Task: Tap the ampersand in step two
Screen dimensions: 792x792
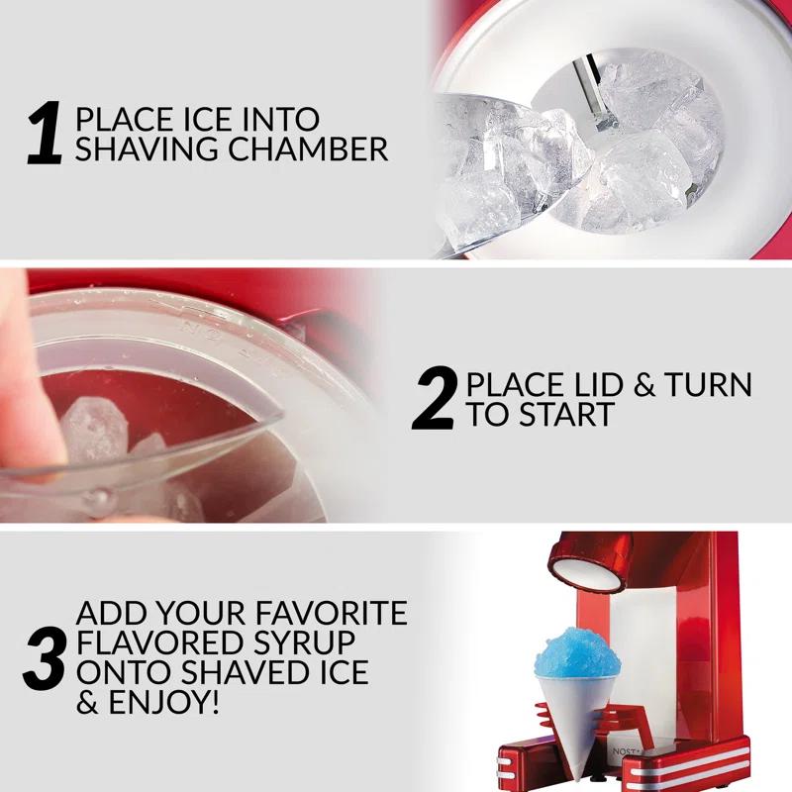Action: coord(644,384)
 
